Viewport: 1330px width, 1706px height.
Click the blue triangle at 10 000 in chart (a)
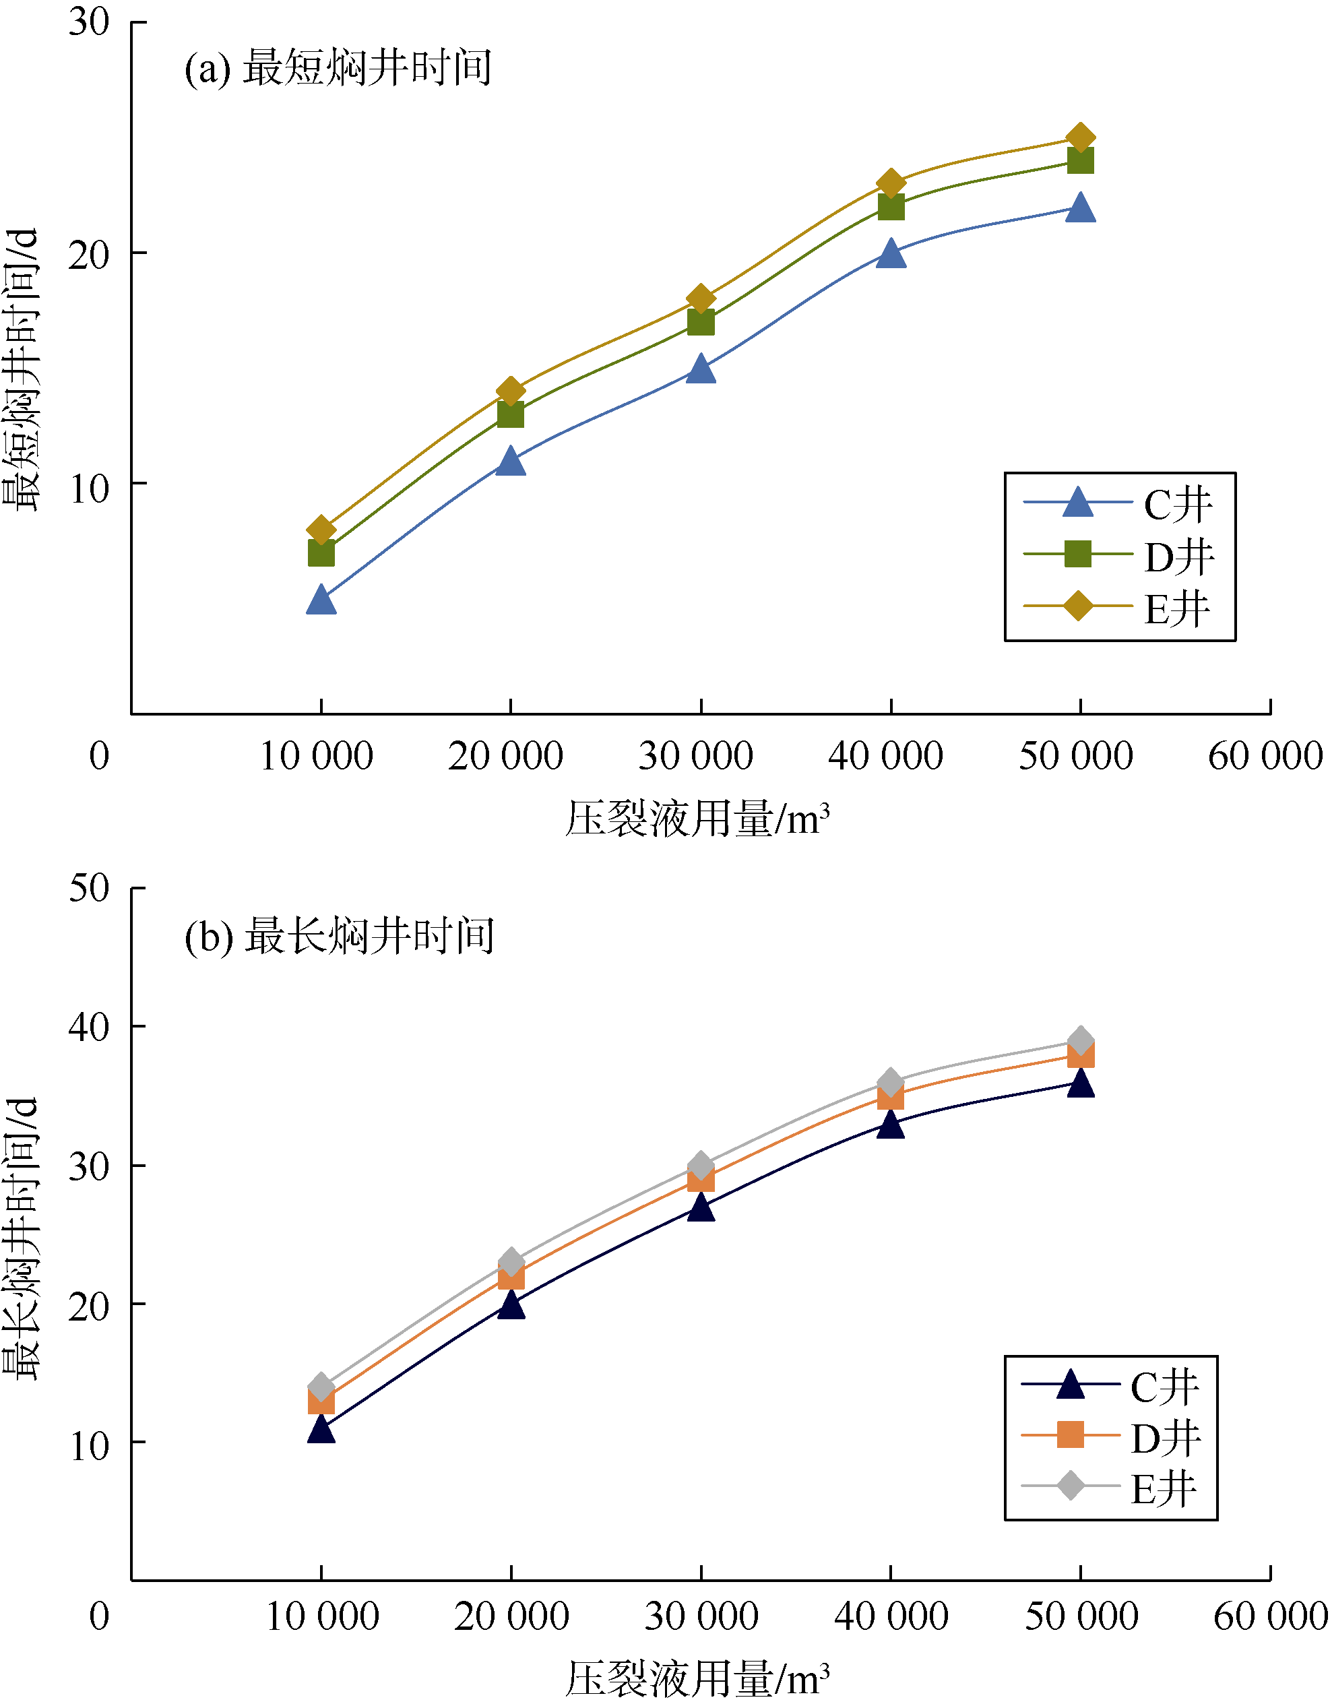(x=321, y=600)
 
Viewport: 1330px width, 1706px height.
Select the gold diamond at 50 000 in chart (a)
(x=1080, y=138)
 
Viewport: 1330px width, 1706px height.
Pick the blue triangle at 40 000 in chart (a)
(x=890, y=254)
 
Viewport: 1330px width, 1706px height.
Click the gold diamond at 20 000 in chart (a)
(x=511, y=391)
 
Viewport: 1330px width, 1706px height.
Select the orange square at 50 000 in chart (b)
(x=1080, y=1055)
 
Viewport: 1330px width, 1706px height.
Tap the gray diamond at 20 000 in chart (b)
(x=511, y=1263)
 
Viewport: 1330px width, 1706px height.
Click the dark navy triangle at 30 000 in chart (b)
(x=701, y=1207)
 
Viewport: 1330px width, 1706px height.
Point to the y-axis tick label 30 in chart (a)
(x=88, y=22)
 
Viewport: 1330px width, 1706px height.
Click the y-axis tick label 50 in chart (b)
(x=88, y=888)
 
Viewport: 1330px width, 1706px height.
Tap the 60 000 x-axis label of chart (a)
(x=1265, y=756)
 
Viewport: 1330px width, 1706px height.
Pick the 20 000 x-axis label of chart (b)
(x=511, y=1616)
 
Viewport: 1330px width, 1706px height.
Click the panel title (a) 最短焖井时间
(x=338, y=68)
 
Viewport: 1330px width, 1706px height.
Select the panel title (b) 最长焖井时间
(x=339, y=936)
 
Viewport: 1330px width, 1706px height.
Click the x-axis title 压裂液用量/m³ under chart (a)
(x=697, y=819)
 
